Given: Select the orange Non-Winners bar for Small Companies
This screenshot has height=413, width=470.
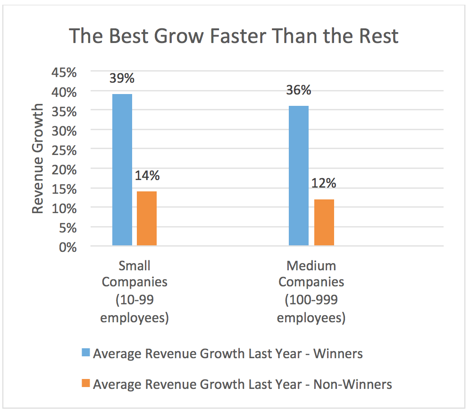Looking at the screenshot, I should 147,218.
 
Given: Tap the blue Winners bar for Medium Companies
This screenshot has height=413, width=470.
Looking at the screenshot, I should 299,175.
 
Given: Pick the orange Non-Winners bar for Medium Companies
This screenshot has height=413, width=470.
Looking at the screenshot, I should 324,222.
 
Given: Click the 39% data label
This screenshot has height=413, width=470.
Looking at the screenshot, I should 122,77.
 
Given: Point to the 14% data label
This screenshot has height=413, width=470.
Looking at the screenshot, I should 147,175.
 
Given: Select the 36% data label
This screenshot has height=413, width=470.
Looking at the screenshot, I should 299,89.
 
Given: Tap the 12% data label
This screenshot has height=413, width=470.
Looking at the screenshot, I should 324,183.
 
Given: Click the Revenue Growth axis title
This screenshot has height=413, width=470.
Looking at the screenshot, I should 38,159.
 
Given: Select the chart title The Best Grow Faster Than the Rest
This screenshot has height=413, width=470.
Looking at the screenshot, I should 234,36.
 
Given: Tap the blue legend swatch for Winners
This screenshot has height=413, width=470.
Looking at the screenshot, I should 86,353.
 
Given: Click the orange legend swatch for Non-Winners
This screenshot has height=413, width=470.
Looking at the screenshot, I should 86,384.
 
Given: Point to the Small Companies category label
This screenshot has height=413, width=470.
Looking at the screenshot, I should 134,292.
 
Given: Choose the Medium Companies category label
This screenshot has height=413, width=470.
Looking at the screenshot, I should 311,292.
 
